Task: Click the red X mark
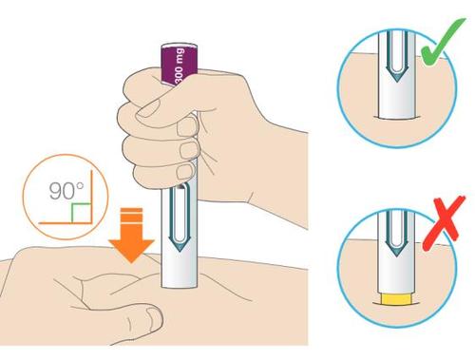pos(445,221)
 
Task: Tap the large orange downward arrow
pos(131,236)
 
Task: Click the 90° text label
pos(66,191)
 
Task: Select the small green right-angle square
pos(82,213)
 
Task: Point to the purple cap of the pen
pos(180,65)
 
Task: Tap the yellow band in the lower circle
pos(397,299)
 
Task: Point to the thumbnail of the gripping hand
pos(146,109)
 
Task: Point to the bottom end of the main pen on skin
pos(180,287)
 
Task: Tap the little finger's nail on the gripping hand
pos(185,171)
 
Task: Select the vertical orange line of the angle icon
pos(92,198)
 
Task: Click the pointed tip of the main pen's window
pos(180,252)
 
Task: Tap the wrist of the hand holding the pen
pos(285,178)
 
